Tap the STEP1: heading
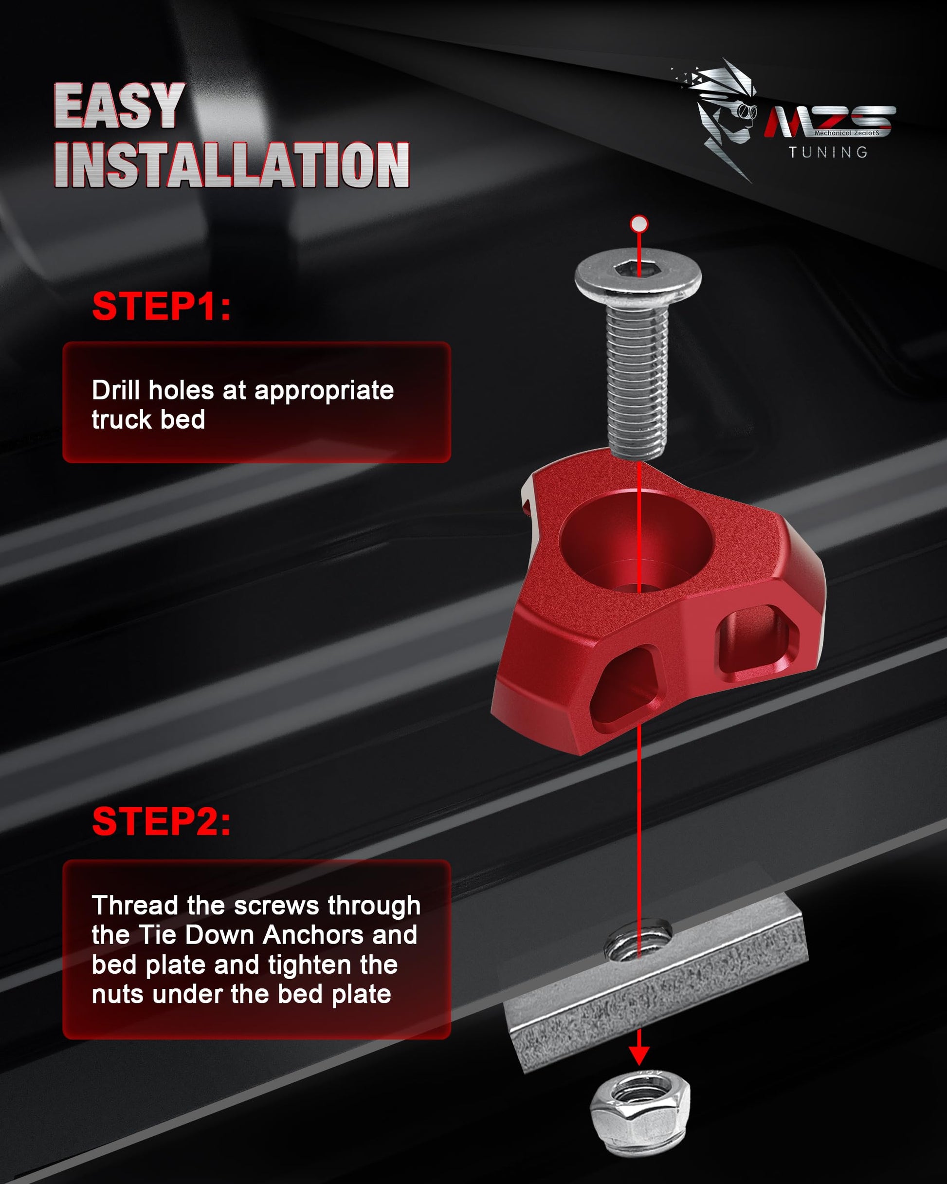(x=162, y=306)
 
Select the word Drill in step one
(x=115, y=390)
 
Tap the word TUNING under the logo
(x=828, y=152)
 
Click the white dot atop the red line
(x=639, y=224)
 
